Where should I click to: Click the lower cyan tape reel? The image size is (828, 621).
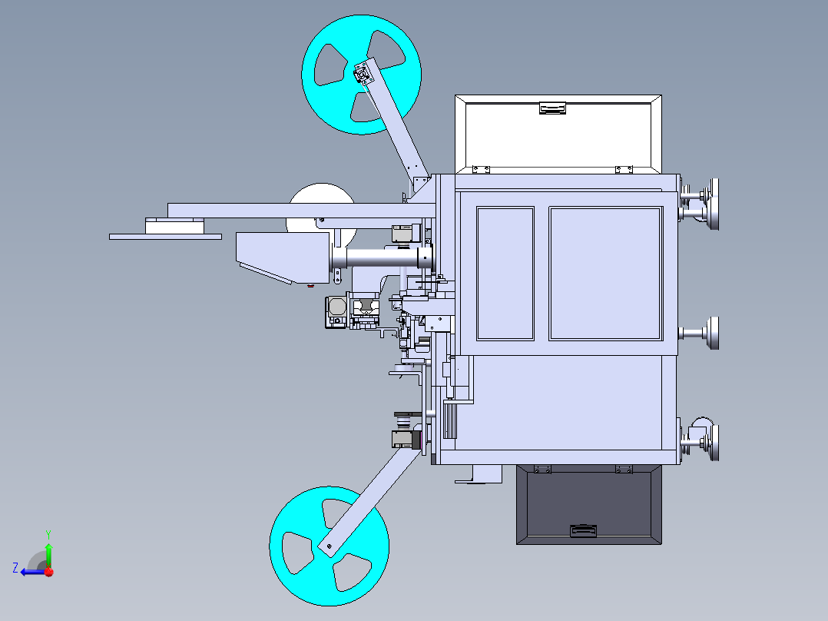click(x=300, y=565)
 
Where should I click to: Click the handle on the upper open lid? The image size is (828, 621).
click(x=552, y=108)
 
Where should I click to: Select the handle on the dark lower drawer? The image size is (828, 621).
click(x=582, y=530)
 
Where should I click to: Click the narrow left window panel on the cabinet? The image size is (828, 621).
click(x=505, y=273)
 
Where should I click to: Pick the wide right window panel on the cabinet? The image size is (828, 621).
click(x=605, y=273)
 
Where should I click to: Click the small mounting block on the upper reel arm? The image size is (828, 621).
click(x=361, y=75)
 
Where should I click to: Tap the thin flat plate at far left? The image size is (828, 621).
click(x=165, y=237)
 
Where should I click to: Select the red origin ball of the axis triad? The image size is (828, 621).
click(x=48, y=572)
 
